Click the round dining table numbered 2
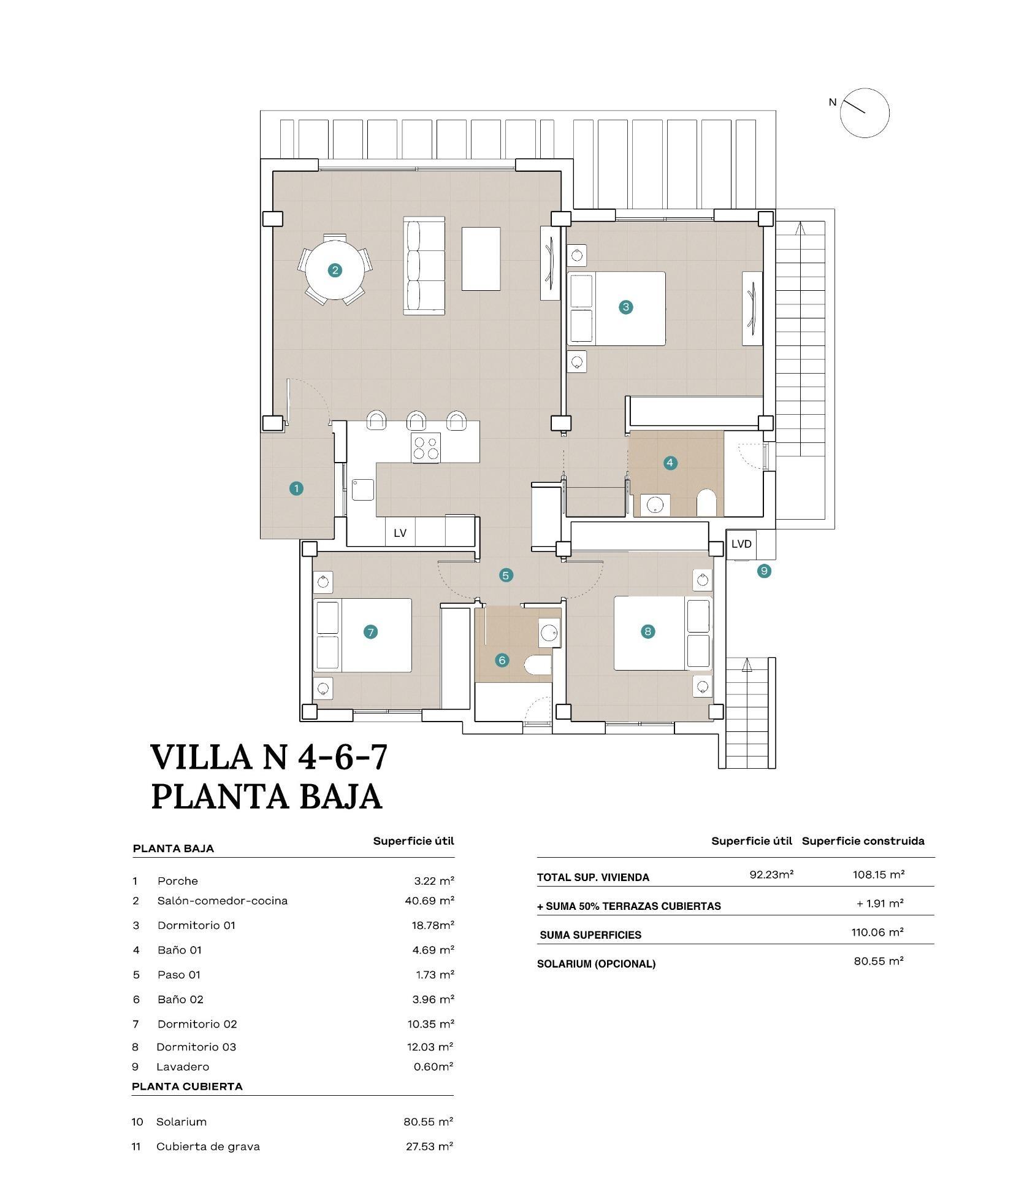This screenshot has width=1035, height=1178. (x=334, y=270)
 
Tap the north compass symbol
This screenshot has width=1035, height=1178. (x=864, y=112)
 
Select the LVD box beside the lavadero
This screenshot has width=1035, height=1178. (x=741, y=544)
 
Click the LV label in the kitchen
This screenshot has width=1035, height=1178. (x=400, y=533)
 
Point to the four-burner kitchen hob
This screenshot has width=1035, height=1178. (x=426, y=447)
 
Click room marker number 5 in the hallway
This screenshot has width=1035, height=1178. (x=505, y=575)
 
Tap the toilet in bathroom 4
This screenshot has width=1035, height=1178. (x=706, y=502)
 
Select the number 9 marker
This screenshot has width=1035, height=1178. (x=763, y=571)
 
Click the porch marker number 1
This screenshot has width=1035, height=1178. (x=296, y=488)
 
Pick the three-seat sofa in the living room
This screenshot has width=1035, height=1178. (x=424, y=266)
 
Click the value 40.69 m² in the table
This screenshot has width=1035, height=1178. (x=425, y=901)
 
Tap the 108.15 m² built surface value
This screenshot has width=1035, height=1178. (x=878, y=874)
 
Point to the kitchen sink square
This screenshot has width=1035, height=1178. (x=362, y=490)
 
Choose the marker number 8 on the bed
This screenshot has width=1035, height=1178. (x=647, y=631)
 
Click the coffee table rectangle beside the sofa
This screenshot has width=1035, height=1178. (x=481, y=258)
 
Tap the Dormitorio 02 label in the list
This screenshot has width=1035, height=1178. (x=197, y=1023)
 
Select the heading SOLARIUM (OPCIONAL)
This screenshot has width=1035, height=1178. (x=596, y=964)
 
